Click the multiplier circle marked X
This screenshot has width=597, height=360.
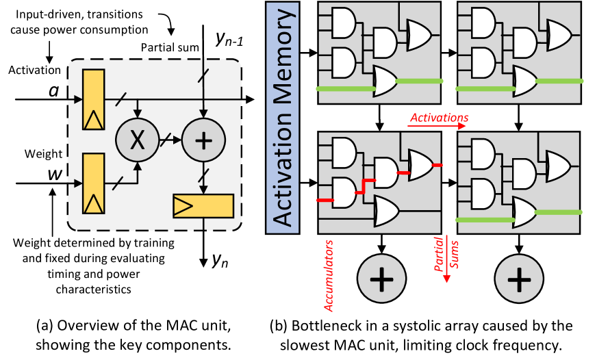[x=137, y=140]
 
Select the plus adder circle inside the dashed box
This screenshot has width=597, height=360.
[x=203, y=140]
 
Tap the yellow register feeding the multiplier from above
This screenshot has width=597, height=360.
[x=94, y=99]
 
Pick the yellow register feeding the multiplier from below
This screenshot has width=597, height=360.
[x=94, y=183]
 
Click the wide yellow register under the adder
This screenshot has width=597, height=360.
[x=203, y=206]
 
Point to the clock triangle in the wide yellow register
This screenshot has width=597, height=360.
[x=182, y=206]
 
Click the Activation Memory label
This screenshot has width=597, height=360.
[x=282, y=117]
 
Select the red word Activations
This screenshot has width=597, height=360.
[x=439, y=118]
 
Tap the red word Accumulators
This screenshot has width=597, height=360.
[x=329, y=276]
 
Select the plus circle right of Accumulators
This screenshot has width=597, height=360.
[x=381, y=279]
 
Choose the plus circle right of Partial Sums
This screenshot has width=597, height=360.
[x=519, y=279]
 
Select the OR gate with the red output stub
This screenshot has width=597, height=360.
[x=420, y=165]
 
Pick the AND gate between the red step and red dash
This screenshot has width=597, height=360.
[x=385, y=173]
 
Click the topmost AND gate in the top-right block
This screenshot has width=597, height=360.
[x=483, y=23]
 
